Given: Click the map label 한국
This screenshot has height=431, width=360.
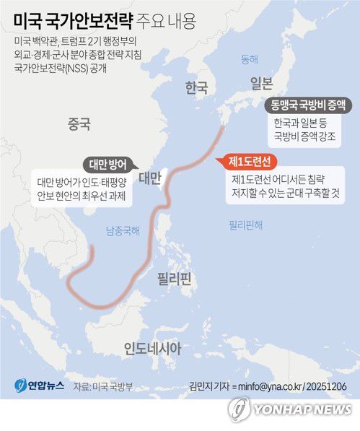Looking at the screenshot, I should tap(196, 87).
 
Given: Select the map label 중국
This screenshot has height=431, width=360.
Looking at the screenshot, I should tap(78, 123).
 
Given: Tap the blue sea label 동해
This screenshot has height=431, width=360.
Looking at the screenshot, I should tap(249, 58).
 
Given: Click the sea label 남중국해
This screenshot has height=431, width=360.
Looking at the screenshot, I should tap(123, 231).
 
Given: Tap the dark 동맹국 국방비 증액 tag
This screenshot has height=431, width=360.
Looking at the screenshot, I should tap(307, 105).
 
